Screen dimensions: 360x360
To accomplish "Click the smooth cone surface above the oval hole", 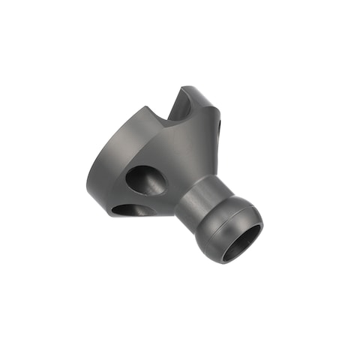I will click(161, 146).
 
